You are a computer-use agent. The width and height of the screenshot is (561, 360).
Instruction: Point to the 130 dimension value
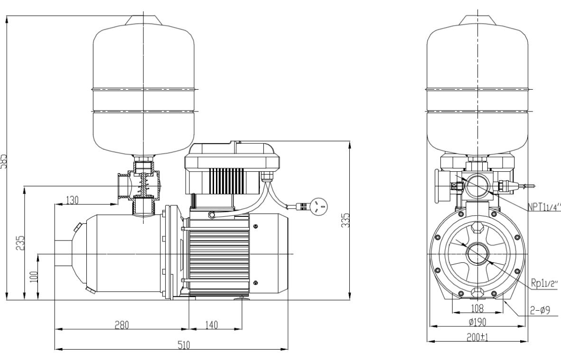(x=73, y=200)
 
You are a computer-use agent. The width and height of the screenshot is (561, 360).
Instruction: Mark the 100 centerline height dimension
(x=33, y=276)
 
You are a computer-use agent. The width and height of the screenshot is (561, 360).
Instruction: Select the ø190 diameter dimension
(x=477, y=322)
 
